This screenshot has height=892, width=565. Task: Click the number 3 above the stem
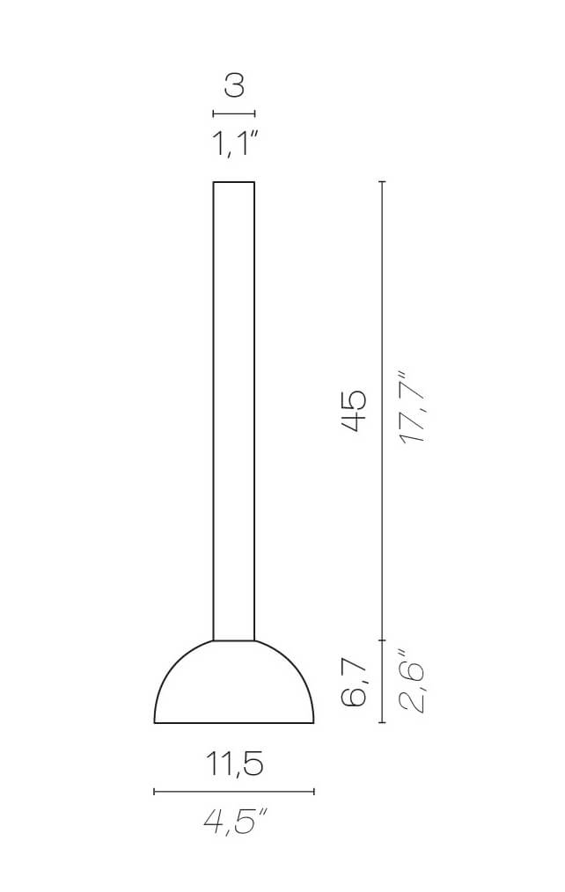click(x=234, y=85)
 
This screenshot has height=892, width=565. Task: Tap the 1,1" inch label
click(x=234, y=143)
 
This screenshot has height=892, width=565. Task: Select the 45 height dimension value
click(x=354, y=411)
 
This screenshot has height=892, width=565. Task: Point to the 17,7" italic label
click(x=411, y=407)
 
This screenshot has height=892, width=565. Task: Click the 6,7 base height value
click(x=354, y=681)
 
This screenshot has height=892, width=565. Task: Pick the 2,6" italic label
click(x=411, y=680)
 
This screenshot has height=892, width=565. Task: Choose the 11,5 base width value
click(x=234, y=764)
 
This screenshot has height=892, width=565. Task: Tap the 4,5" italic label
click(x=234, y=822)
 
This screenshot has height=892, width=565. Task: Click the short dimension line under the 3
click(x=234, y=113)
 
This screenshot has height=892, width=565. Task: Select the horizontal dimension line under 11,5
click(x=234, y=792)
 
